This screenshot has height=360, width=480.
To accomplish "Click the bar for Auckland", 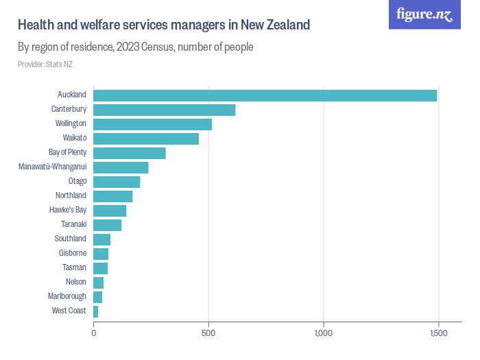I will click(265, 95).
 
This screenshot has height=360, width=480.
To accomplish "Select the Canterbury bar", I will click(164, 110).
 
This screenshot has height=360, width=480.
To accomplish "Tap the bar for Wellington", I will click(152, 124).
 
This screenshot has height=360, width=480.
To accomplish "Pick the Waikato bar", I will click(146, 139).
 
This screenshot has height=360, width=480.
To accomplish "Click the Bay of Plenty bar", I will click(130, 153).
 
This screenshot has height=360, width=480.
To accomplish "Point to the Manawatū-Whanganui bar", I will click(121, 167).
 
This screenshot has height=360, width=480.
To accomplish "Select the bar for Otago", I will click(117, 182).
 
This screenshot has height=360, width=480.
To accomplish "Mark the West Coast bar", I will click(96, 311).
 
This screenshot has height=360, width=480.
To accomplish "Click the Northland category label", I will click(71, 195).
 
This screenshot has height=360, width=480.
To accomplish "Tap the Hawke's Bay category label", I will click(68, 210).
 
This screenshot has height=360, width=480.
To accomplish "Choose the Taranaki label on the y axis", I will click(73, 224).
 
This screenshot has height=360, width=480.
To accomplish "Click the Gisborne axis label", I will click(72, 253).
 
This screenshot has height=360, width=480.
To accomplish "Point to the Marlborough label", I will click(67, 296).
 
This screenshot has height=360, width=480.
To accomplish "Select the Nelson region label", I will click(75, 282).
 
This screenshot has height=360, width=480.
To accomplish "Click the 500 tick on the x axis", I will click(208, 333).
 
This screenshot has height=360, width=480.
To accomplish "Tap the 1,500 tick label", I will click(438, 333).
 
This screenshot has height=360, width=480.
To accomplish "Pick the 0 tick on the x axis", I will click(94, 333).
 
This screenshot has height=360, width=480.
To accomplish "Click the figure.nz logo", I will click(424, 15).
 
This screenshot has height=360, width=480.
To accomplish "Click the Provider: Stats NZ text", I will click(45, 64).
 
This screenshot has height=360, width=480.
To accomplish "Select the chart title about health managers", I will click(164, 25).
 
